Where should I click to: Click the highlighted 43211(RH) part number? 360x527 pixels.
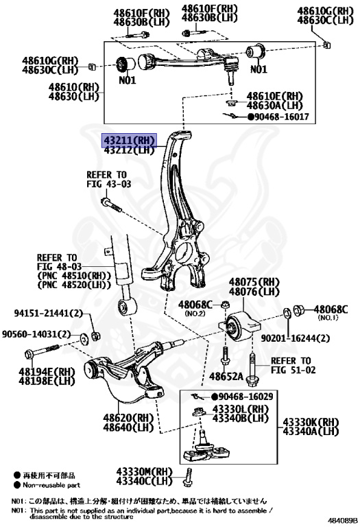click(x=129, y=140)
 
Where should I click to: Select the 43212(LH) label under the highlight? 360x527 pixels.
click(x=129, y=151)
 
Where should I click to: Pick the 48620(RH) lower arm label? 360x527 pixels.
click(x=128, y=417)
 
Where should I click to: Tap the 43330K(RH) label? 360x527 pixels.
click(x=311, y=421)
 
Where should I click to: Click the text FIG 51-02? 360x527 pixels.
click(x=290, y=371)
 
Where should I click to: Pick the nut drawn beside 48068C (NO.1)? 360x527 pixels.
click(x=299, y=311)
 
